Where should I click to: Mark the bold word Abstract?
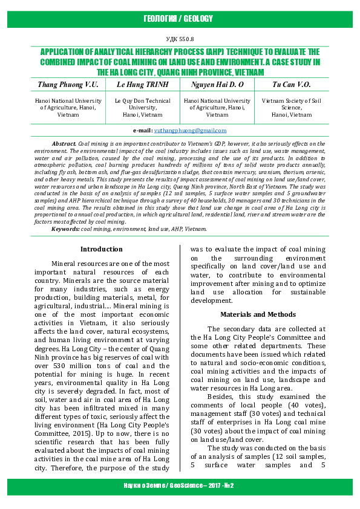[64, 143]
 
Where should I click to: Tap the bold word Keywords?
[65, 229]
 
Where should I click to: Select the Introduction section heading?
[102, 249]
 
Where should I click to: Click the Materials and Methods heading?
[257, 314]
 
